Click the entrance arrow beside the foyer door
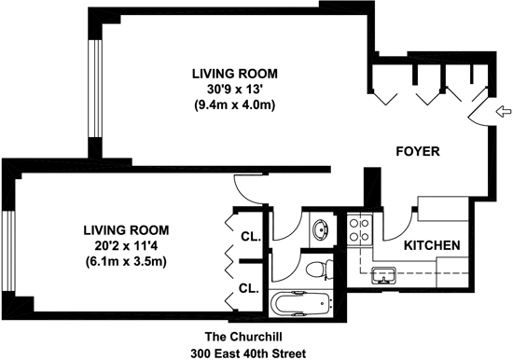(504, 112)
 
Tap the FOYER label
(418, 151)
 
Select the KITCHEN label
(432, 245)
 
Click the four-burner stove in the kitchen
(359, 229)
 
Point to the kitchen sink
(383, 275)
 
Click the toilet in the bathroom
(320, 269)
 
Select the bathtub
(301, 304)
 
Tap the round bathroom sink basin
(321, 229)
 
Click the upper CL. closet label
(251, 237)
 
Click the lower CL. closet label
(249, 288)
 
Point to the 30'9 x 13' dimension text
(235, 90)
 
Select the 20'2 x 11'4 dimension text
(126, 246)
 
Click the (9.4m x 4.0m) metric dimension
(235, 105)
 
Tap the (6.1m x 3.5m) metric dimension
(126, 261)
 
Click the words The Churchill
(243, 337)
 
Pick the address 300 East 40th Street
(248, 353)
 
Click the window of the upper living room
(95, 89)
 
